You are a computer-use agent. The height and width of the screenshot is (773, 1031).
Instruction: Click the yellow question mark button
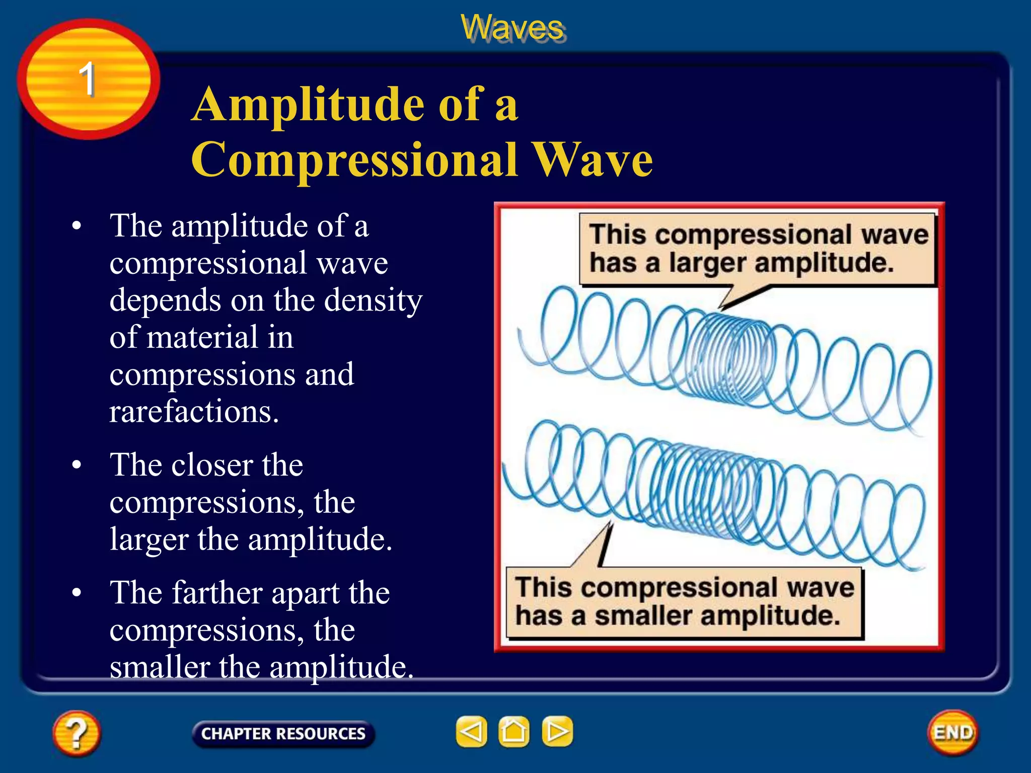(x=77, y=733)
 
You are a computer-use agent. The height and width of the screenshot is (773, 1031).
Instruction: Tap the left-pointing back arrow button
(x=471, y=731)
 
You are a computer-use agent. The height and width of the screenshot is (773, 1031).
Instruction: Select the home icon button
(x=514, y=731)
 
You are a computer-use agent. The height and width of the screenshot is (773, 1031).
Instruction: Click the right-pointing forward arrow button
(x=557, y=731)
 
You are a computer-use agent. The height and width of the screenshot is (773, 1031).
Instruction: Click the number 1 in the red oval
(x=88, y=79)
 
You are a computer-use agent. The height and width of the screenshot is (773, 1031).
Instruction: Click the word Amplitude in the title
(x=308, y=104)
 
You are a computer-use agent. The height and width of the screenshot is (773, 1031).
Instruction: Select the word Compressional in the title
(x=354, y=160)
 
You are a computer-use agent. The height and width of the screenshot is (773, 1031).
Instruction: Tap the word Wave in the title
(x=593, y=160)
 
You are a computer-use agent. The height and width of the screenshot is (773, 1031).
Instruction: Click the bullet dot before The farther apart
(x=77, y=593)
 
